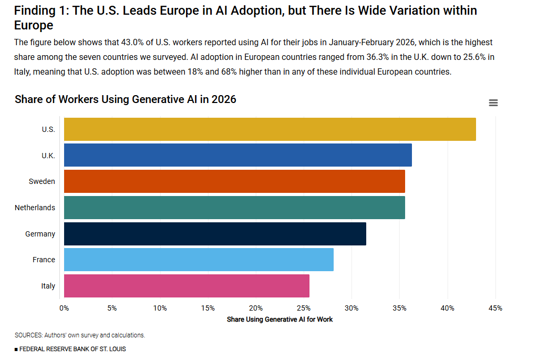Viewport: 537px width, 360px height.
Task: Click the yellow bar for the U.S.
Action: [270, 129]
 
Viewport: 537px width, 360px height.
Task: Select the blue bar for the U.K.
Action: [237, 155]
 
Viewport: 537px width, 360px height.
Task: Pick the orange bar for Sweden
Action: [234, 181]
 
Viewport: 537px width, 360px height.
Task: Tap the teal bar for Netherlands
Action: [234, 208]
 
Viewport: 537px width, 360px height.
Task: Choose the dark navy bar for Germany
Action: [215, 234]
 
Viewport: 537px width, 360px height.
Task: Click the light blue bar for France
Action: [199, 260]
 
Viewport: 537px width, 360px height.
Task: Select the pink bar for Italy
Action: [187, 286]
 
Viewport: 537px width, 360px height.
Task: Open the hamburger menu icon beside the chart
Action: [493, 103]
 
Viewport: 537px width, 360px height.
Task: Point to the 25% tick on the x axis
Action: [304, 308]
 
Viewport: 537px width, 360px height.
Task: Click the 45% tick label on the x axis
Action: [495, 308]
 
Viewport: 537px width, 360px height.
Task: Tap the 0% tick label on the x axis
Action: [64, 308]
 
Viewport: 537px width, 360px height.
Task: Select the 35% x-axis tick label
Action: [399, 308]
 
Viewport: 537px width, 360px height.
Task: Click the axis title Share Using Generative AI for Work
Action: [280, 319]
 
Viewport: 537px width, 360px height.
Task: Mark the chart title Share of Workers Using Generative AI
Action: [126, 99]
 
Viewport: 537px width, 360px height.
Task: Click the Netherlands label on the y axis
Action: [35, 208]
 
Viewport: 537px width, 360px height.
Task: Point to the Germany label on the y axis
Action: [40, 234]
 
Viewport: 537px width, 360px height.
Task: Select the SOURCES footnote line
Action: [80, 335]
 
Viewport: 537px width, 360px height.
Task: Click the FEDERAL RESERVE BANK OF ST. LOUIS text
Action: [70, 349]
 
